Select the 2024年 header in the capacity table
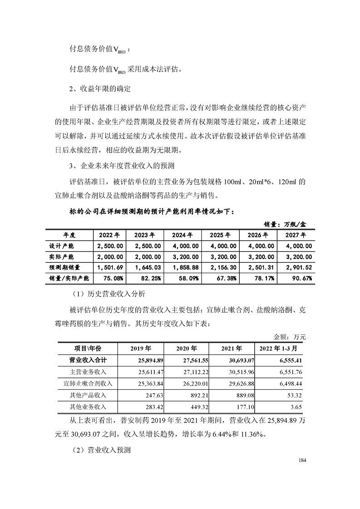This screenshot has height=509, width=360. pos(182,235)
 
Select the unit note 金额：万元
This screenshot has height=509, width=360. pos(290,337)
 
